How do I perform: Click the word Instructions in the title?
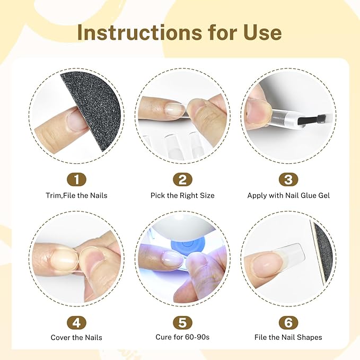pos(139,32)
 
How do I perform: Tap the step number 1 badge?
pos(76,180)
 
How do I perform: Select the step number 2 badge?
pos(182,180)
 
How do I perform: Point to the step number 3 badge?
pos(288,180)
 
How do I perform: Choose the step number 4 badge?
pos(76,322)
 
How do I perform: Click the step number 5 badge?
pos(182,322)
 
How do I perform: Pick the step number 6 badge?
pos(288,322)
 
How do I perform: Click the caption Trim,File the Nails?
pos(76,196)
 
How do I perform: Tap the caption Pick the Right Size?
pos(182,196)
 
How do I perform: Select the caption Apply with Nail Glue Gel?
pos(288,196)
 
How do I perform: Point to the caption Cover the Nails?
pos(76,338)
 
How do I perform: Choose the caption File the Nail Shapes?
pos(288,337)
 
